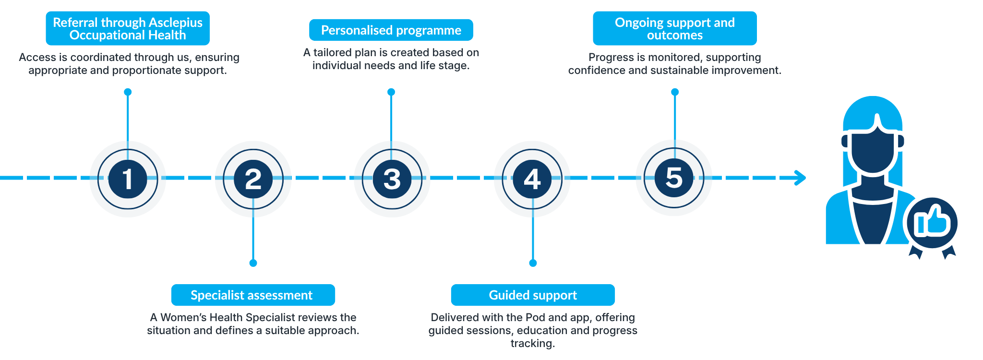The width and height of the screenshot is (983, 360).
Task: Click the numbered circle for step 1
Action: (x=128, y=179)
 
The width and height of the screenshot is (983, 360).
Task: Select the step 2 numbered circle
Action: (x=253, y=179)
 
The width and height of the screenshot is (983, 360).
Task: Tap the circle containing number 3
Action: (x=392, y=179)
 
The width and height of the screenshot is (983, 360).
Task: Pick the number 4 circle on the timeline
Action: (x=532, y=179)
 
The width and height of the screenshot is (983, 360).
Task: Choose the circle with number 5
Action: (x=674, y=178)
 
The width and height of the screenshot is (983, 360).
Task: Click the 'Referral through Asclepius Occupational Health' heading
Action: (x=128, y=28)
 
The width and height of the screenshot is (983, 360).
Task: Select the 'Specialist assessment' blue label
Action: (x=253, y=295)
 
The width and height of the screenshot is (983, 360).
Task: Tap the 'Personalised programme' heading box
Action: (x=391, y=30)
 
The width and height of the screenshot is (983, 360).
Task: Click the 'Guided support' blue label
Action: (x=533, y=295)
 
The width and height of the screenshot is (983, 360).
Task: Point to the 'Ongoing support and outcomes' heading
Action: (x=675, y=28)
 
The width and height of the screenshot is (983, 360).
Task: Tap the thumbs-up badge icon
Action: (x=932, y=223)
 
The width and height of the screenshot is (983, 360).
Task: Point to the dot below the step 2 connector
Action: (x=253, y=263)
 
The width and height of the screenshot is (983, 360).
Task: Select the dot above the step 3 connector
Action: (x=391, y=92)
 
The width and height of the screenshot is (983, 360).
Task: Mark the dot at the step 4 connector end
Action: (x=533, y=263)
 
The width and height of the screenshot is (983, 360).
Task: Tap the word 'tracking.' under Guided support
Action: (x=533, y=343)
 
